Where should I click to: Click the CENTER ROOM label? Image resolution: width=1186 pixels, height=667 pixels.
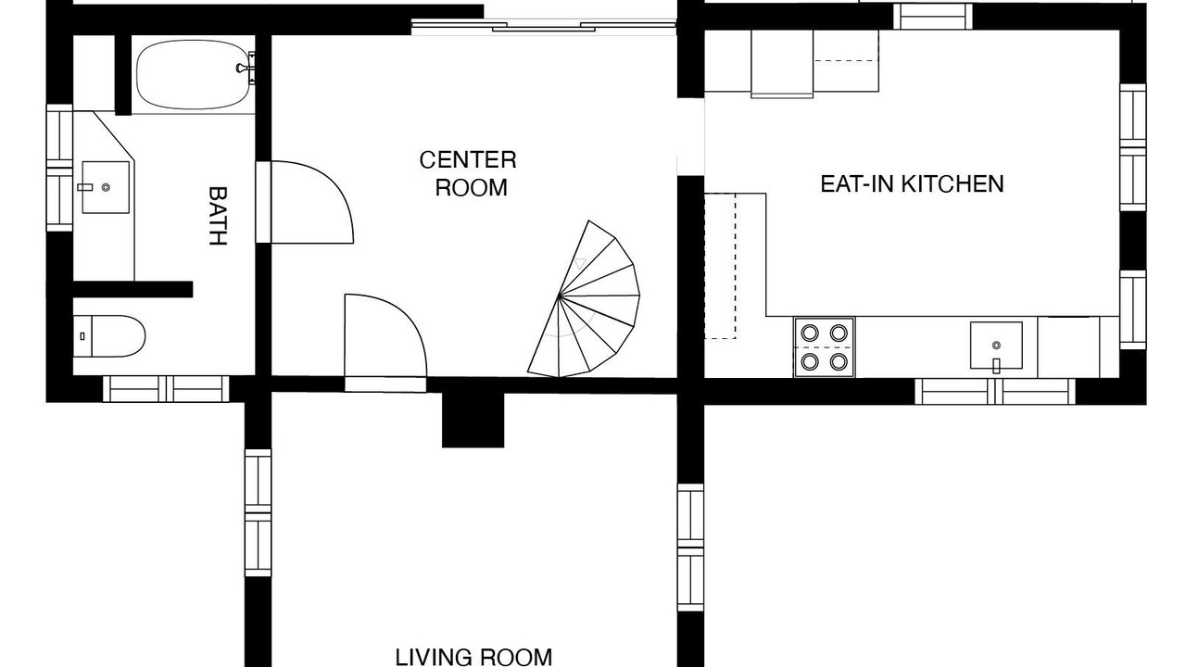tap(468, 173)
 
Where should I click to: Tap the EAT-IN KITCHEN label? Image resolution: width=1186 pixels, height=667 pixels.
tap(912, 183)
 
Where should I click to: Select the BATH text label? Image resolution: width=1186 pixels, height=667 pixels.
tap(217, 216)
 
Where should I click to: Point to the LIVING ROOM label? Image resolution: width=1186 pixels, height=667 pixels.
tap(473, 657)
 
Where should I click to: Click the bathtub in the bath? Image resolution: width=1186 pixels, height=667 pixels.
tap(193, 75)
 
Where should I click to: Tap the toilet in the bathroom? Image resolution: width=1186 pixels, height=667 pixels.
tap(109, 336)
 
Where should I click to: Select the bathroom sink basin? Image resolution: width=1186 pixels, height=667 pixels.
tap(106, 187)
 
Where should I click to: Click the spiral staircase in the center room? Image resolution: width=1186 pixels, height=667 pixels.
tap(584, 299)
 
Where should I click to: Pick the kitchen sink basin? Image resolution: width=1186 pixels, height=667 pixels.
tap(996, 346)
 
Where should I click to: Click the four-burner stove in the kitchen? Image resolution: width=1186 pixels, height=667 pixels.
tap(824, 347)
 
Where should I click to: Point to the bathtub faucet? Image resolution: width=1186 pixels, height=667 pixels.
tap(246, 68)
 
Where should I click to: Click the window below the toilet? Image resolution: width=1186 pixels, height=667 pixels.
tap(166, 389)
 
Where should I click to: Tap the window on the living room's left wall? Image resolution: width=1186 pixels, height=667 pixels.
tap(258, 513)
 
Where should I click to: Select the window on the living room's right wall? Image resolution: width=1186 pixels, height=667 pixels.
tap(690, 547)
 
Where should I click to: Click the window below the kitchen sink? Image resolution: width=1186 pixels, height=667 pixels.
tap(995, 392)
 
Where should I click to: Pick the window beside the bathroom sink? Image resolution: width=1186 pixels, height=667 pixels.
tap(59, 168)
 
